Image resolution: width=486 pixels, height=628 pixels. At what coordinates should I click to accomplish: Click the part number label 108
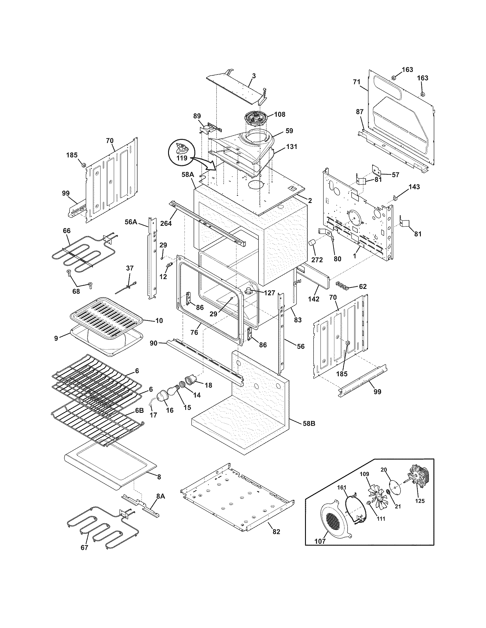[x=280, y=114]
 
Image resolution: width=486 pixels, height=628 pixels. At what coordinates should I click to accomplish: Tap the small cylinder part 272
[x=312, y=243]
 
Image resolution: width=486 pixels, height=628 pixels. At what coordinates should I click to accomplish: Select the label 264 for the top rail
[x=166, y=223]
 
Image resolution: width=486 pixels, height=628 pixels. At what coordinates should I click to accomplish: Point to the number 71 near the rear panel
[x=356, y=82]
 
